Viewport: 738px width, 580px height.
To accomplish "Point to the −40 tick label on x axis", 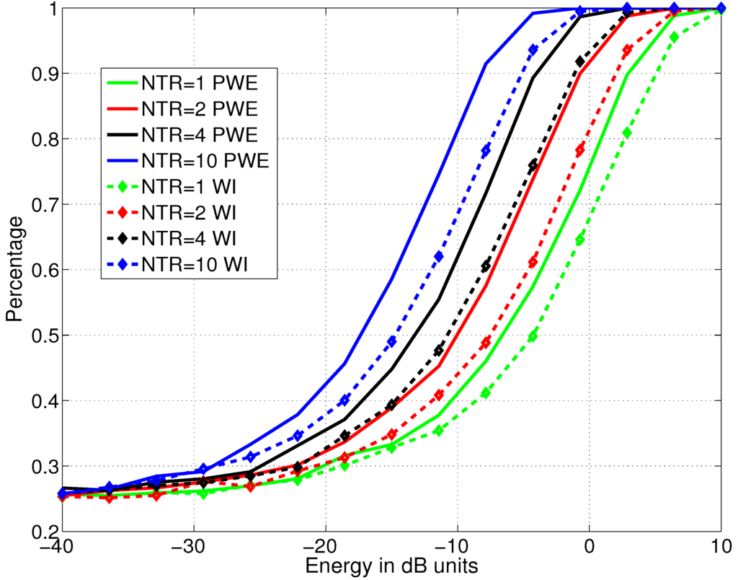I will (61, 547).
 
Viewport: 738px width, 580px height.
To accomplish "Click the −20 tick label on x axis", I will (324, 547).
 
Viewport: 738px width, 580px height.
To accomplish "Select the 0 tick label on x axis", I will (589, 547).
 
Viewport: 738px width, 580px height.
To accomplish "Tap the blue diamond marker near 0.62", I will (440, 257).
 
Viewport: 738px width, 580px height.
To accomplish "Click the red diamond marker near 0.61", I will (533, 263).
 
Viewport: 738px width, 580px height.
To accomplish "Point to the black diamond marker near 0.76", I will (533, 165).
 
